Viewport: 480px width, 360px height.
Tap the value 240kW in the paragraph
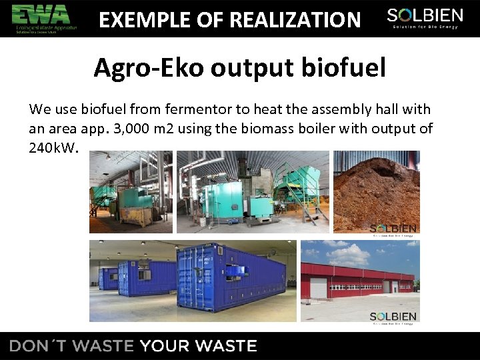(53, 147)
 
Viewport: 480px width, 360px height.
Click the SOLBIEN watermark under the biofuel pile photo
(393, 230)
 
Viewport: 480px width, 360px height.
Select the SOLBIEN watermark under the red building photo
(393, 317)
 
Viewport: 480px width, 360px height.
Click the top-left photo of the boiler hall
(131, 191)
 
